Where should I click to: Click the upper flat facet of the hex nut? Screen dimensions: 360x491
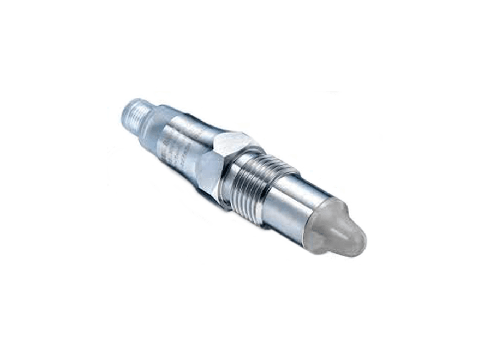(232, 142)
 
